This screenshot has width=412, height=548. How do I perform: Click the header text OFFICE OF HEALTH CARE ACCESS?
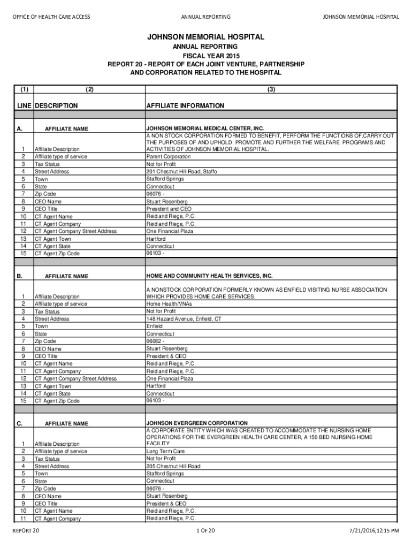(51, 17)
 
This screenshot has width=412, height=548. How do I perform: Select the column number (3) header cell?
(271, 89)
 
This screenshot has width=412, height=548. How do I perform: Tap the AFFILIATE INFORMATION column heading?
(185, 106)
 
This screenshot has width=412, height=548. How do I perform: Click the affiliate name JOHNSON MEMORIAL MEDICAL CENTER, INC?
(205, 128)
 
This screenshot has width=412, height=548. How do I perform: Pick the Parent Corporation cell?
(168, 157)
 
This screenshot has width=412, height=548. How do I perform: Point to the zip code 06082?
(155, 341)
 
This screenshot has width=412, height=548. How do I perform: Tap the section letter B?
(19, 276)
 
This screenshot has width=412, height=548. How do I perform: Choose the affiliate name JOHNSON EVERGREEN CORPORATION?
(197, 423)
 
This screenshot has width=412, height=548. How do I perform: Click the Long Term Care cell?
(165, 451)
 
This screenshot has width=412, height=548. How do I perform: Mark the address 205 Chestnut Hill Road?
(173, 466)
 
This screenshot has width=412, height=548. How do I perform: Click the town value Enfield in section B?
(155, 326)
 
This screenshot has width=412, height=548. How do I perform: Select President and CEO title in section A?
(169, 209)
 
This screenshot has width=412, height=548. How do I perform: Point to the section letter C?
(19, 424)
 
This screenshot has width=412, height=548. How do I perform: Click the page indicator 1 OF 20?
(205, 530)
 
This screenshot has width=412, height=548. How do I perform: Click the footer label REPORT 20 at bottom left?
(26, 530)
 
